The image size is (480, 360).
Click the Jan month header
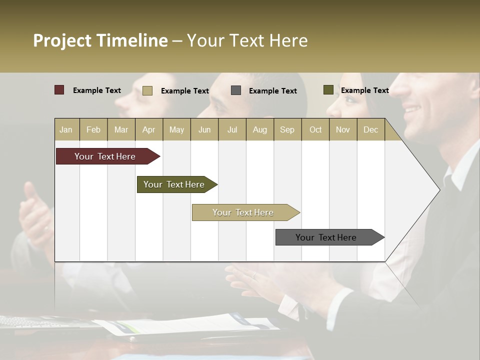pyautogui.click(x=66, y=129)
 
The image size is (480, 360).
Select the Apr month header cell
pyautogui.click(x=149, y=129)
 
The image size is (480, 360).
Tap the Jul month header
pyautogui.click(x=232, y=129)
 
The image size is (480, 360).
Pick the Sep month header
pyautogui.click(x=287, y=129)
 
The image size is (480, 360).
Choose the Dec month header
pyautogui.click(x=370, y=129)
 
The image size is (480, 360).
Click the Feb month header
pyautogui.click(x=93, y=129)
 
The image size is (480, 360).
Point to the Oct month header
pyautogui.click(x=315, y=129)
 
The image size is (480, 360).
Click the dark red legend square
pyautogui.click(x=59, y=90)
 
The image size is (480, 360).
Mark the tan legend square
pyautogui.click(x=147, y=90)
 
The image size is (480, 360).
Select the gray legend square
pyautogui.click(x=236, y=90)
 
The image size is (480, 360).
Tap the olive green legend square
pyautogui.click(x=328, y=90)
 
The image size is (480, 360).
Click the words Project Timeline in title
pyautogui.click(x=100, y=40)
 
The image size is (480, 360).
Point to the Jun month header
pyautogui.click(x=204, y=129)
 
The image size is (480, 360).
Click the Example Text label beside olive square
pyautogui.click(x=364, y=90)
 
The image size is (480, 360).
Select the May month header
pyautogui.click(x=176, y=129)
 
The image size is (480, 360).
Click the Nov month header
pyautogui.click(x=343, y=129)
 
